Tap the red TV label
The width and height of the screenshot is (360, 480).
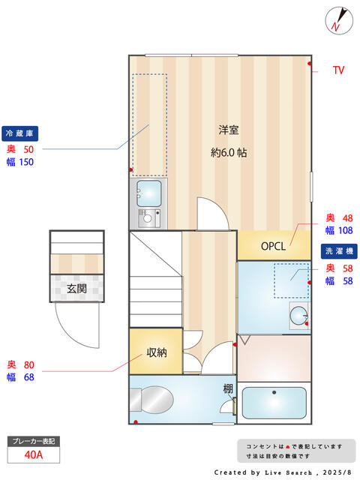pos(338,70)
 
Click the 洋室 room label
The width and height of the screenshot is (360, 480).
pos(229,129)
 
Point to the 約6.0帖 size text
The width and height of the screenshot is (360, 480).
pos(229,152)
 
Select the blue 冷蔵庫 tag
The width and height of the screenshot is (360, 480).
pos(20,133)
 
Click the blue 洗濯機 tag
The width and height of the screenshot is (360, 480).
pos(338,251)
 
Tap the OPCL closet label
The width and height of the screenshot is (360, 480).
pos(274,246)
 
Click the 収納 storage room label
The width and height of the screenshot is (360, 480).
pos(156,352)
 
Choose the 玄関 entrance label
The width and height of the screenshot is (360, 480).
pos(76,288)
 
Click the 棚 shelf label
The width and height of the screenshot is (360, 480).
pos(227,388)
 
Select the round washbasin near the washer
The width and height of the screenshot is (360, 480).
pos(298,315)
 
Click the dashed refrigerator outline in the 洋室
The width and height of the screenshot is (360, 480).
pos(149,124)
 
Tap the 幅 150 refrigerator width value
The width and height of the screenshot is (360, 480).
pos(21,162)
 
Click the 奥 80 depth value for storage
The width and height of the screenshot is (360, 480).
pos(21,365)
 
